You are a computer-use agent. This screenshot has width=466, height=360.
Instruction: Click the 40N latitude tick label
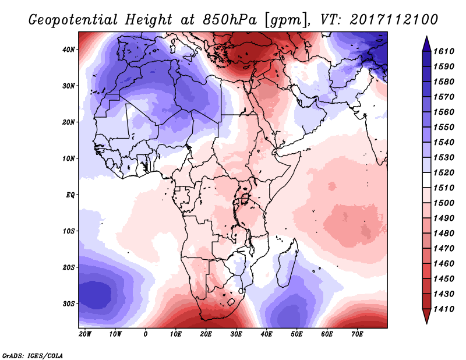(69, 50)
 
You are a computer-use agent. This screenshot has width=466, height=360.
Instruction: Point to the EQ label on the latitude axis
(70, 195)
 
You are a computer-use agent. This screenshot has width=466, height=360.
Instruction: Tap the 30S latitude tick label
(69, 303)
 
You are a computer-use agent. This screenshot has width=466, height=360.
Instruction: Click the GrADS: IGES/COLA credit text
(32, 354)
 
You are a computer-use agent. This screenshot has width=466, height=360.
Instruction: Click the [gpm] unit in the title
(284, 19)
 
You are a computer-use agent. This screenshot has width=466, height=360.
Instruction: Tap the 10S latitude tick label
(69, 231)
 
